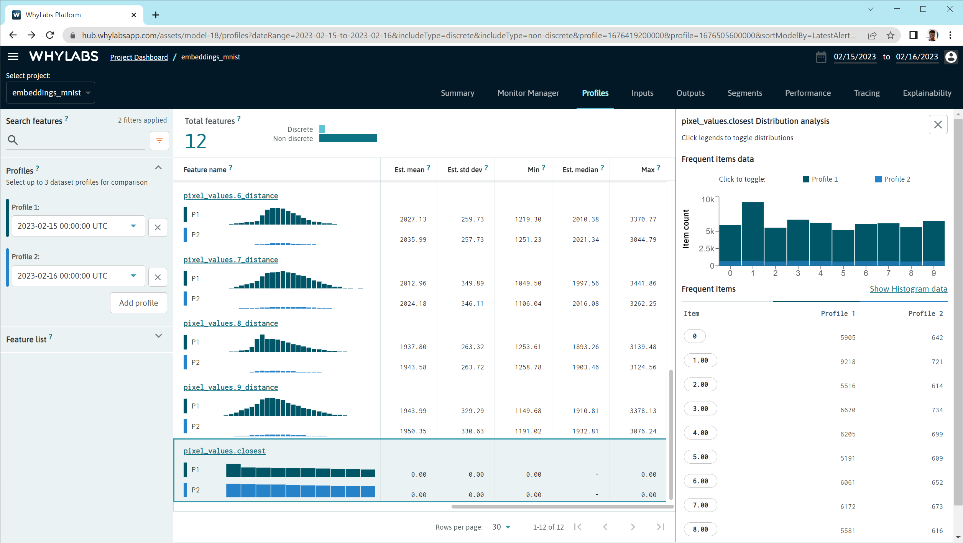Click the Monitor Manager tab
528,93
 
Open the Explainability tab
927,93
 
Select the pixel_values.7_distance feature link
230,260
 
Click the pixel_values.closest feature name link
224,451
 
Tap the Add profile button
138,303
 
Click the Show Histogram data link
908,289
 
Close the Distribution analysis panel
938,125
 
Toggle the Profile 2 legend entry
893,179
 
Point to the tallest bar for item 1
753,232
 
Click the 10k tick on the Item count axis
708,200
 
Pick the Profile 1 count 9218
848,362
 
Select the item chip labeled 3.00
700,408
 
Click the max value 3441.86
643,283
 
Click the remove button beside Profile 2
158,277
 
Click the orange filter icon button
159,141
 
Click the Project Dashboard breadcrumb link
139,57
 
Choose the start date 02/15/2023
855,57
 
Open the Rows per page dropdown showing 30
501,527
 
